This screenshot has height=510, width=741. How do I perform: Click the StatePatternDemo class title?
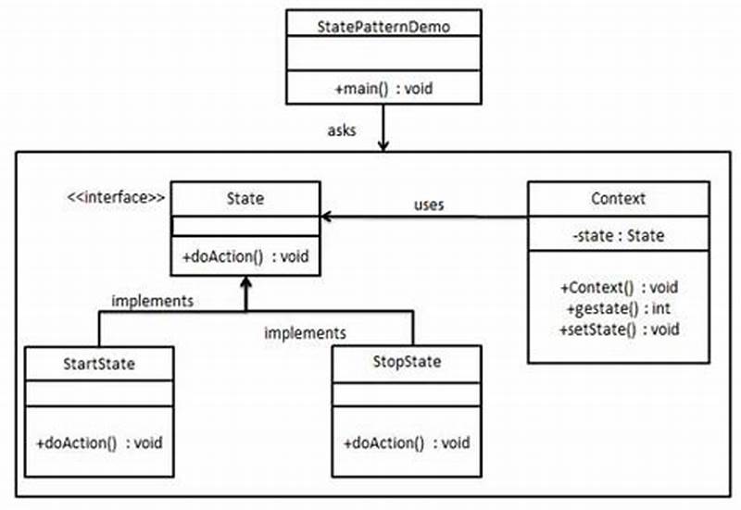pos(383,24)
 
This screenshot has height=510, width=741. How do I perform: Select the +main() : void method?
pos(383,89)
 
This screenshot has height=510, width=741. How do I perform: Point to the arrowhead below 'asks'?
pos(383,145)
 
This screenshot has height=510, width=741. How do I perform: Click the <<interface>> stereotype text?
pos(116,196)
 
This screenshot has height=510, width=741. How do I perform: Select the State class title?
pos(245,197)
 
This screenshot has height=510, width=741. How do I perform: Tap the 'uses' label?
pos(428,205)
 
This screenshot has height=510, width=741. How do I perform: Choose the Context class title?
pos(618,198)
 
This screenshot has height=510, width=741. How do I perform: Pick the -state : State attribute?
pos(618,236)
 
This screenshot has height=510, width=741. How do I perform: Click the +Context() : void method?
pos(618,288)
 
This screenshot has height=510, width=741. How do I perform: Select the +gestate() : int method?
pos(618,308)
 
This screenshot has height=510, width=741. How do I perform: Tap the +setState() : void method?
pos(618,329)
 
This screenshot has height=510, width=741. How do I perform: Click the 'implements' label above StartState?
pos(152,300)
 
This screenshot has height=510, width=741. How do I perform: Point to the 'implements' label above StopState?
pos(305,331)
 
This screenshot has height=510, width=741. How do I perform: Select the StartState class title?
pos(99,364)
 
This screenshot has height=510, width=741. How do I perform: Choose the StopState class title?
pos(406,362)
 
